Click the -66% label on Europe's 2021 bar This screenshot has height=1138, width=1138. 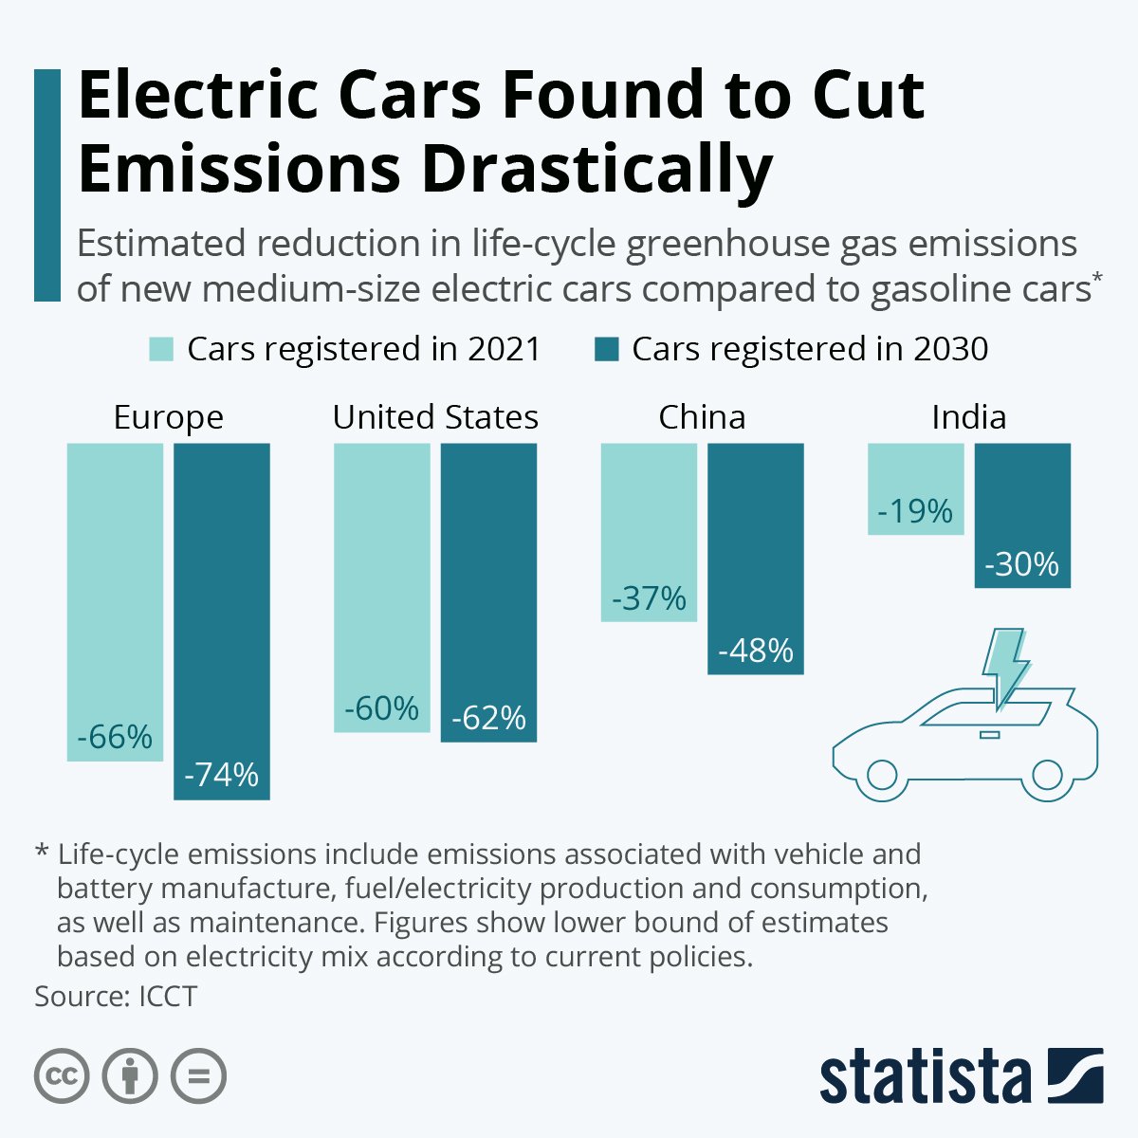pos(115,737)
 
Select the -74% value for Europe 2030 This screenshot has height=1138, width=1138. pos(221,775)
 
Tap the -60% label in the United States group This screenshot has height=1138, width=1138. pos(381,708)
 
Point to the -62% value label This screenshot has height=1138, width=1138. pos(488,718)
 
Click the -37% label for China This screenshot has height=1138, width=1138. pos(649,598)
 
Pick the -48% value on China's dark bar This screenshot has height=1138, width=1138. pos(756,651)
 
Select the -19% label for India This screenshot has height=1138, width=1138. pos(915,511)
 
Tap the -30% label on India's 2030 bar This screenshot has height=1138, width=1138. pos(1021,564)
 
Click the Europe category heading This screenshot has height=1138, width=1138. pos(168,417)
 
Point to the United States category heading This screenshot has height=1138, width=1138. pos(435,417)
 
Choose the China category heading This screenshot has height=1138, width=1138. pos(702,417)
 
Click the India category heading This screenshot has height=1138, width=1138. pos(968,417)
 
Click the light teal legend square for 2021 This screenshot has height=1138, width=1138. pos(161,349)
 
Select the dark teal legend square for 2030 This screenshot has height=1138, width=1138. pos(606,349)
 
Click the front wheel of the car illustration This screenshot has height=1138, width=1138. pos(881,775)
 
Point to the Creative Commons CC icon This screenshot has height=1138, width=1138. pos(62,1076)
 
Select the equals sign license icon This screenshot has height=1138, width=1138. pos(199,1076)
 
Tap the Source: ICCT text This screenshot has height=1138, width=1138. pos(116,997)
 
